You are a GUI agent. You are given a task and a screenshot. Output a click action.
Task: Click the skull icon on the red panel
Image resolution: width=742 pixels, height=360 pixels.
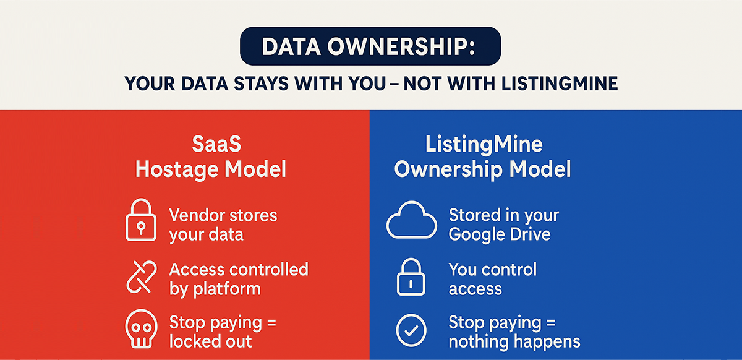[142, 332]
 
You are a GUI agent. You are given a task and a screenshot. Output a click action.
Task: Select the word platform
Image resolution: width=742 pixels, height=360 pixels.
[225, 289]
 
